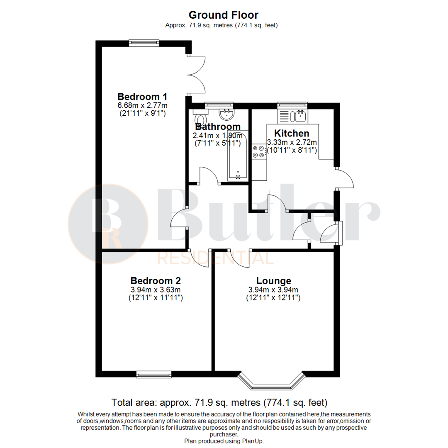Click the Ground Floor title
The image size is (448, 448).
(x=224, y=15)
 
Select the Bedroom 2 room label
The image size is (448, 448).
(x=155, y=280)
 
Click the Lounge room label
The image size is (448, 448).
(x=273, y=280)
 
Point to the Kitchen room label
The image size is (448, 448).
(x=291, y=133)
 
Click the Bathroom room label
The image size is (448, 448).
(x=218, y=127)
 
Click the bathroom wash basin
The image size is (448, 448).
(x=226, y=114)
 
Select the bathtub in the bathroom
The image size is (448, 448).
(x=238, y=156)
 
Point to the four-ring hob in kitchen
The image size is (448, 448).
(x=258, y=151)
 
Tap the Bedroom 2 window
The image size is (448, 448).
(x=154, y=375)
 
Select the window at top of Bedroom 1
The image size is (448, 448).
(x=144, y=42)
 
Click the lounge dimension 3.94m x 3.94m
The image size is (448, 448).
(x=273, y=290)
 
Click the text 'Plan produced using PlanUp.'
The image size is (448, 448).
(x=224, y=441)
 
